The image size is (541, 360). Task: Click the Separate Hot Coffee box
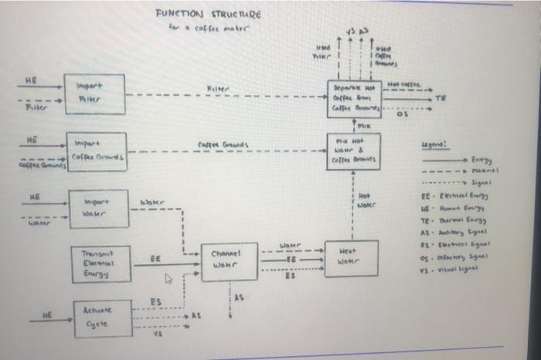click(352, 98)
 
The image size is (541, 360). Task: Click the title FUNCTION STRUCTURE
click(208, 14)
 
